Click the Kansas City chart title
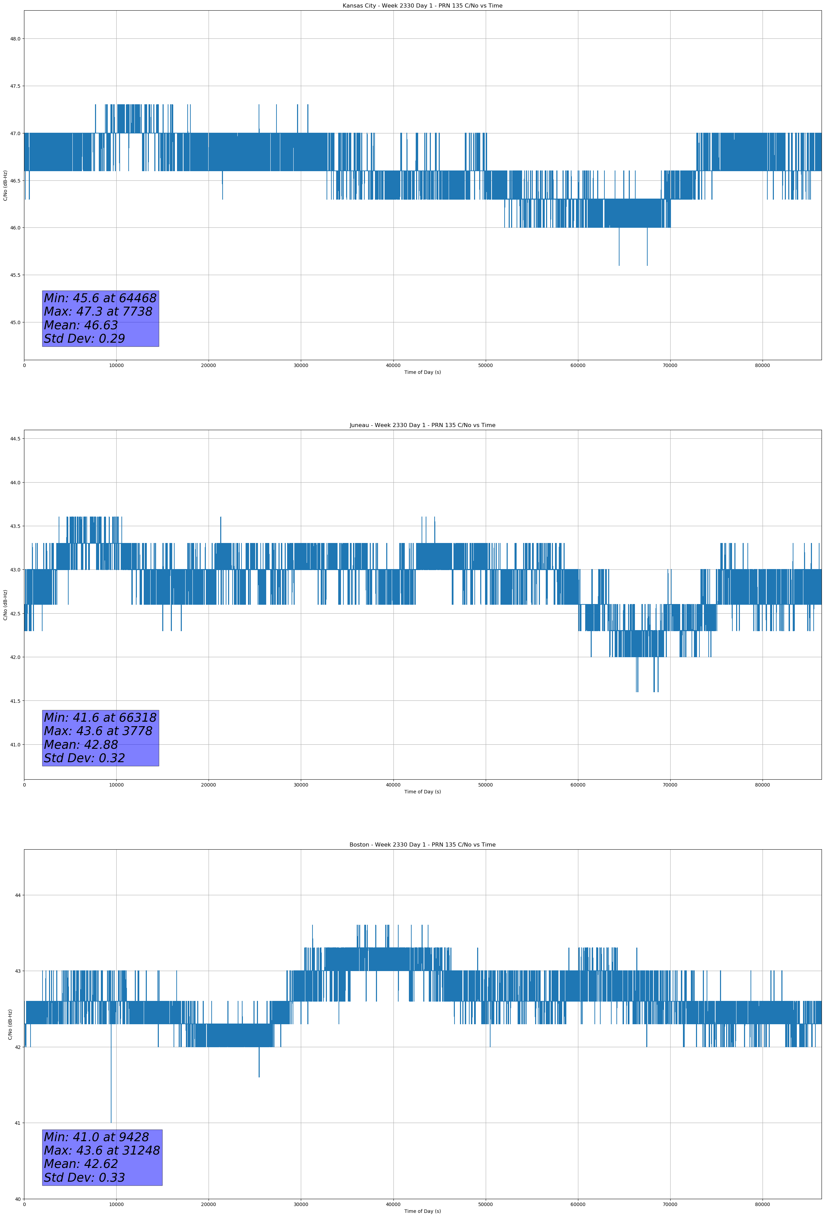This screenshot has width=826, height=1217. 422,6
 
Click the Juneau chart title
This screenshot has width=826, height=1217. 422,425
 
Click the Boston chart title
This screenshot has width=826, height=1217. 422,845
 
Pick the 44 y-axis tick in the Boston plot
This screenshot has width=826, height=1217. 18,896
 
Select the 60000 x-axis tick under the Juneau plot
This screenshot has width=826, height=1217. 578,785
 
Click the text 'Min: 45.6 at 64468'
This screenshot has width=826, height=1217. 100,298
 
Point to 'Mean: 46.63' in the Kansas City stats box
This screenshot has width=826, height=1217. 81,325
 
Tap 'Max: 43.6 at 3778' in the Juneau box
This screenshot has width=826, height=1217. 98,731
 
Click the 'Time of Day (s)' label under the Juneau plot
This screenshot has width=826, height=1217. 422,792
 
